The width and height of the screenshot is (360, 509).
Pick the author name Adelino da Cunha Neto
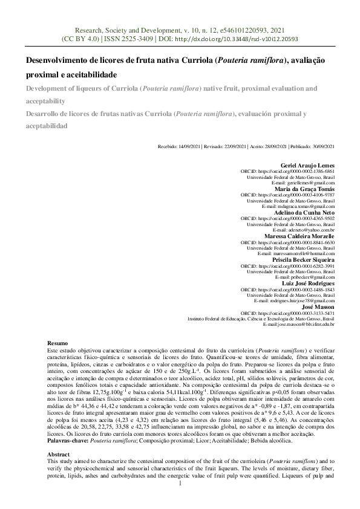pyautogui.click(x=305, y=213)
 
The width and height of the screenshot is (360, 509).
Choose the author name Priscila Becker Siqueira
pyautogui.click(x=303, y=259)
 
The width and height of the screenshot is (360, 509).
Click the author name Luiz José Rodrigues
pyautogui.click(x=308, y=283)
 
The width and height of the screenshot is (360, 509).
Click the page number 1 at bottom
pyautogui.click(x=180, y=499)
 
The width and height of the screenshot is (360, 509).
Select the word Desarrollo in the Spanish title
pyautogui.click(x=42, y=114)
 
